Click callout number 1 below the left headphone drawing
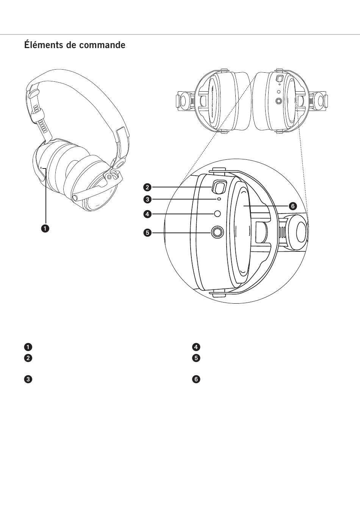point(45,228)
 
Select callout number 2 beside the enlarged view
point(147,187)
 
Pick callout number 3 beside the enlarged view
point(147,198)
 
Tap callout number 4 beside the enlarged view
point(147,214)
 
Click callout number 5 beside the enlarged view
point(147,232)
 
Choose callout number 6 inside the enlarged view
point(292,206)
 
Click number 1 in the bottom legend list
point(28,347)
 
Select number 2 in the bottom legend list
point(28,358)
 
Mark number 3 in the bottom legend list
point(28,379)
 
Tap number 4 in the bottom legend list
point(196,347)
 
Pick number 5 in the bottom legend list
point(196,358)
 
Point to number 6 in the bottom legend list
point(196,379)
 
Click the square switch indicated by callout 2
point(219,186)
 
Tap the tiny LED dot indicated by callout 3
point(219,198)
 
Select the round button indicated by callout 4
point(217,214)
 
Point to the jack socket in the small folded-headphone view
point(279,101)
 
